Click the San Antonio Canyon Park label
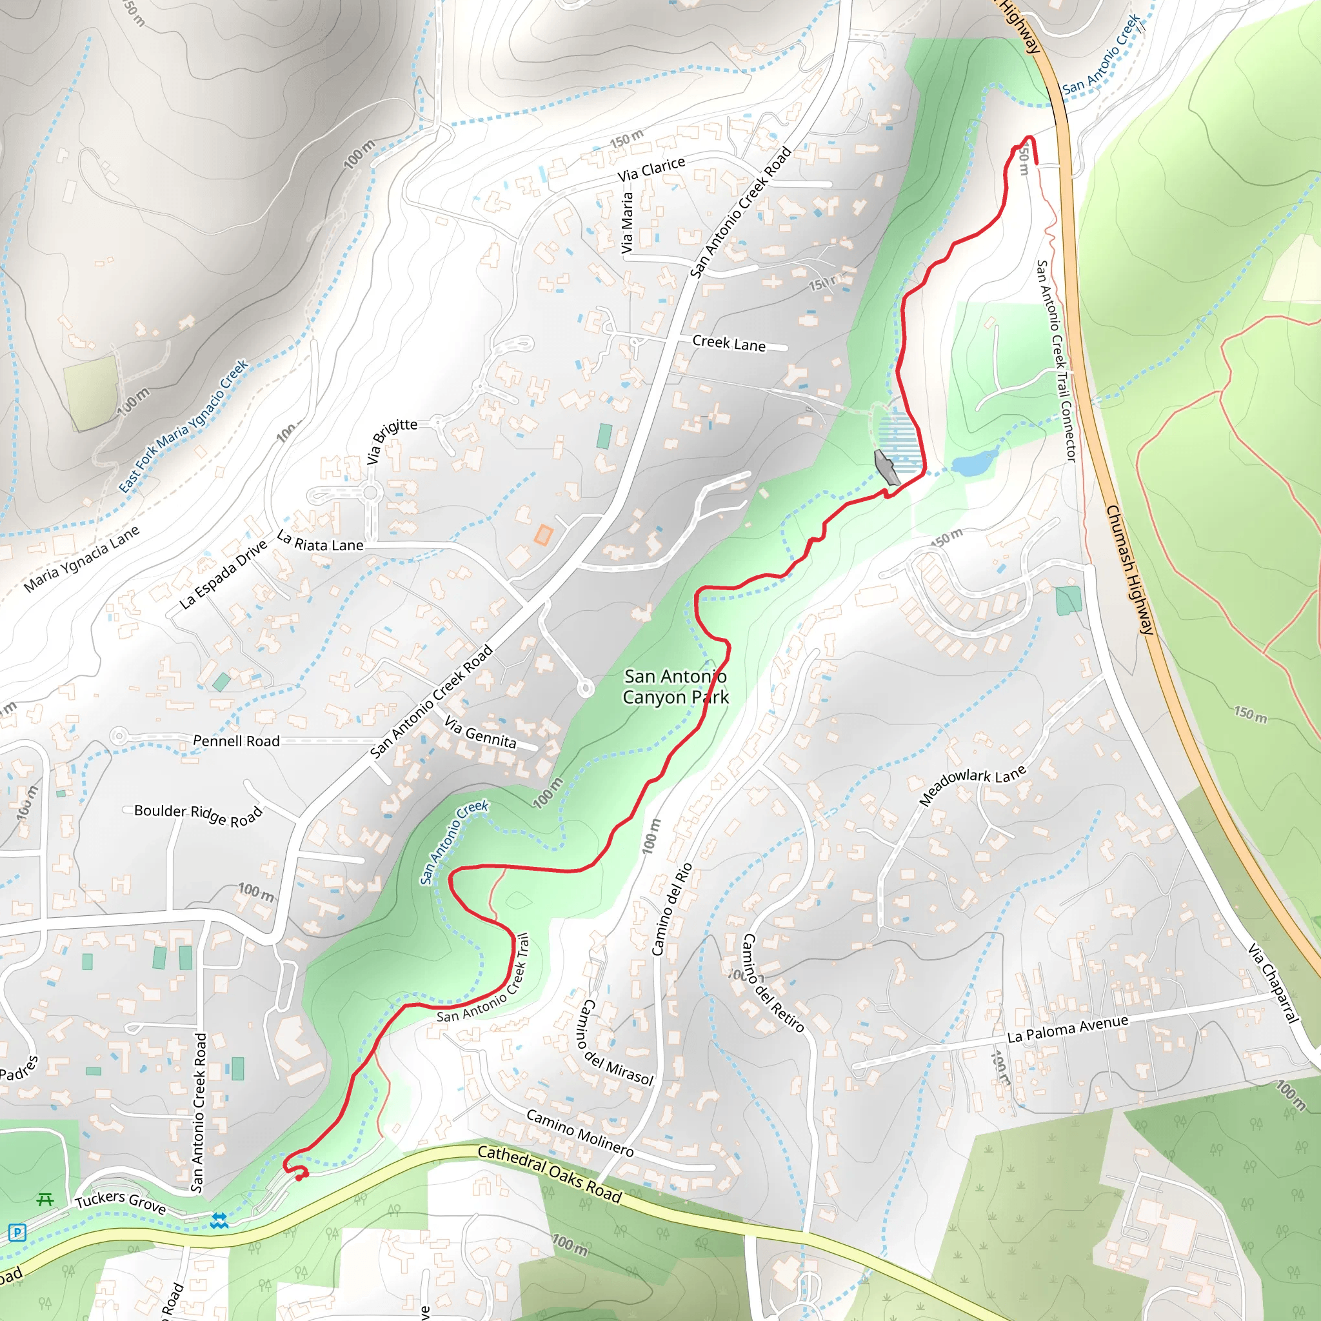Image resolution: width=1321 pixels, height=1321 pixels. [675, 686]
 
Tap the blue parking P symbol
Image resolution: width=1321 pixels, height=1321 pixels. [18, 1233]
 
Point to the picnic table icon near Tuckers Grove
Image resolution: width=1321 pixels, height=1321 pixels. [45, 1199]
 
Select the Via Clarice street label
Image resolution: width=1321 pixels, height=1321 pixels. [651, 169]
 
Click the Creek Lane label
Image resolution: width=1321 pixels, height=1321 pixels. [729, 343]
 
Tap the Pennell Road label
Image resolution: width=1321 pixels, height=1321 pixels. [236, 741]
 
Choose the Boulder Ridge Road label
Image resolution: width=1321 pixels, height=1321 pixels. [198, 815]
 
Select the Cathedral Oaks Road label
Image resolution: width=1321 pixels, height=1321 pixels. [549, 1173]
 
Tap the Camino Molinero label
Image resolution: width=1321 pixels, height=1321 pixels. [579, 1133]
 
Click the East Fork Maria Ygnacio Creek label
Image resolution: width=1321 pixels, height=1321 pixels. [184, 426]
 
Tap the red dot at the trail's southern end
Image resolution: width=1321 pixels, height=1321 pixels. [299, 1177]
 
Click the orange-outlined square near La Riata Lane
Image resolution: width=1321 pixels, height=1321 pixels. [543, 535]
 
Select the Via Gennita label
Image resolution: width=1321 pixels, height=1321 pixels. [480, 732]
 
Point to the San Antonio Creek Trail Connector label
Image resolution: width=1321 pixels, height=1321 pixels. [1057, 361]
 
